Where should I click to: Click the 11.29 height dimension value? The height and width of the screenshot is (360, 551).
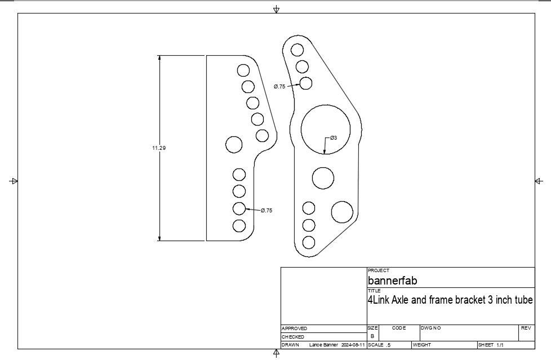(159, 148)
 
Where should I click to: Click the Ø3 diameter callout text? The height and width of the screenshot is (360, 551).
(334, 138)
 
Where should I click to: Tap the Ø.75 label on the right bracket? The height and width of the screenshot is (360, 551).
(279, 87)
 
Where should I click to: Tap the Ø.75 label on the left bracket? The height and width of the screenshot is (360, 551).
(266, 211)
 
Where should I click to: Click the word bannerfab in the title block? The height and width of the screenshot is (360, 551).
(393, 281)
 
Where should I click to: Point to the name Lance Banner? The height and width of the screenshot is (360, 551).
(323, 345)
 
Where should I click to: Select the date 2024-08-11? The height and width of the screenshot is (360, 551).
(353, 345)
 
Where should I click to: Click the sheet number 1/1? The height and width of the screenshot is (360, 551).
(500, 345)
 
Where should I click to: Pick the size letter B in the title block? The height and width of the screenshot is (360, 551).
(372, 336)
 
